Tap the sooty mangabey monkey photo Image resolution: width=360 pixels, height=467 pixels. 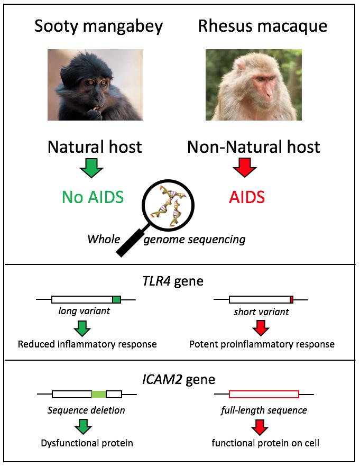[x=95, y=85]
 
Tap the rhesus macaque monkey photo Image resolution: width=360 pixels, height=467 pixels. [x=253, y=85]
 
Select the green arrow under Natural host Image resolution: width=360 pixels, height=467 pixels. [x=91, y=168]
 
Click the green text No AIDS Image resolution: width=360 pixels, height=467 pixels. [x=93, y=197]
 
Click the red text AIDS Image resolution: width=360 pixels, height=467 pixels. [x=246, y=197]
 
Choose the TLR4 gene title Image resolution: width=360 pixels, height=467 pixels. [x=179, y=280]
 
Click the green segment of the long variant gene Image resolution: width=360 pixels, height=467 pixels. [x=116, y=300]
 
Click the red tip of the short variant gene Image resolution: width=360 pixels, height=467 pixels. [x=291, y=300]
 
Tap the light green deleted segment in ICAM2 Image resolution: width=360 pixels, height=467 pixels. [x=98, y=394]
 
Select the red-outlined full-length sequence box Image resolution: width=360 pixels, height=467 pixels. [x=264, y=394]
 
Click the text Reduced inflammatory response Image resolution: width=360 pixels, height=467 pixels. [x=87, y=344]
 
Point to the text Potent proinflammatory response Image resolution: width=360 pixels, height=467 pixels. [x=262, y=344]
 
